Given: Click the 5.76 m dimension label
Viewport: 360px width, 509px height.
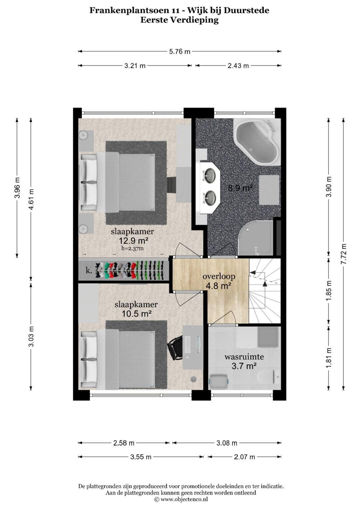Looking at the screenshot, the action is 180,52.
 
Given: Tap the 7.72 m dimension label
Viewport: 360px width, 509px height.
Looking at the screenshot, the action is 344,254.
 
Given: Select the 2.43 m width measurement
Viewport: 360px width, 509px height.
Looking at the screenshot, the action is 238,66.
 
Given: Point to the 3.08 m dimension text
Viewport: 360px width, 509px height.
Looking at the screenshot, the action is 227,443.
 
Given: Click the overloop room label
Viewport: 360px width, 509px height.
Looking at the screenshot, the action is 219,277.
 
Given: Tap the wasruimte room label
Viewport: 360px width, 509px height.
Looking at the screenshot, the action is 244,357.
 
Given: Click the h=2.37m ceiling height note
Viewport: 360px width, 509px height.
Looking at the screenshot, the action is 133,248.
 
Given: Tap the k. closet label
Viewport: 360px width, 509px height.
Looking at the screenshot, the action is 89,271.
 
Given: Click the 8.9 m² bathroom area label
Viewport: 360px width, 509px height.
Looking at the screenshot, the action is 240,188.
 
